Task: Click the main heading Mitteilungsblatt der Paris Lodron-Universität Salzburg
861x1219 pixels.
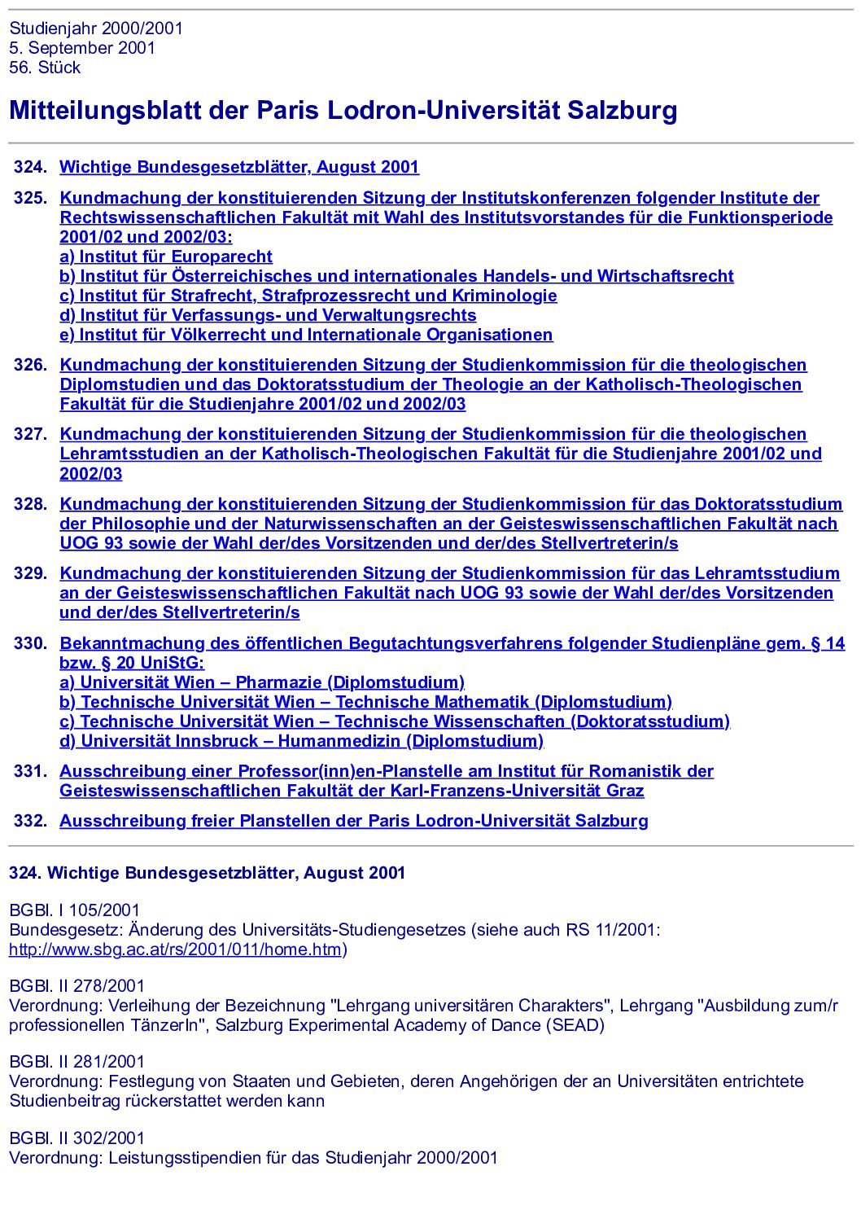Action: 343,111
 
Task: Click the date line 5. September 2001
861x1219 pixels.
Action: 82,48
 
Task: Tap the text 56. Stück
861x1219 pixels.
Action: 45,68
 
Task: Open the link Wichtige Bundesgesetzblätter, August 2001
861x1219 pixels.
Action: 239,167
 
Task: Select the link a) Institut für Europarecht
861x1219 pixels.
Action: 166,257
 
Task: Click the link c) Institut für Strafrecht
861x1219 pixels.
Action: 308,296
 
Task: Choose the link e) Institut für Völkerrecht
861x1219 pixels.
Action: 306,335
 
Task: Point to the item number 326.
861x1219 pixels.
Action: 30,365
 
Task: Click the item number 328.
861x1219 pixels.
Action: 30,504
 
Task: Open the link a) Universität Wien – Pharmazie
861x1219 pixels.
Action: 262,682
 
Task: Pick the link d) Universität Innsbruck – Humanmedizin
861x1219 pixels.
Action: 301,741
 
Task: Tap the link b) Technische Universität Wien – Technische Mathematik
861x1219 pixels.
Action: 365,702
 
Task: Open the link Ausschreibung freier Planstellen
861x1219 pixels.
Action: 354,821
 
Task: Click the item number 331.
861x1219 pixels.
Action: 30,771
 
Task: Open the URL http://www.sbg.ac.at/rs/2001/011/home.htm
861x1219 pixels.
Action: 175,949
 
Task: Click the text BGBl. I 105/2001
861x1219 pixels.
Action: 74,910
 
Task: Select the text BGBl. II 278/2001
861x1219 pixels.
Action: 76,986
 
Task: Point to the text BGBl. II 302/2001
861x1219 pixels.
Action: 76,1138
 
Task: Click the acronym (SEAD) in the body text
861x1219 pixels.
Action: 578,1025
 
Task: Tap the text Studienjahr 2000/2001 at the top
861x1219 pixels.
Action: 96,29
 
